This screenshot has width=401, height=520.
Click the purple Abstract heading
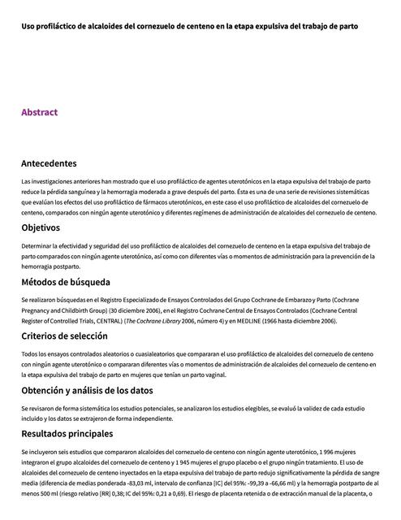tap(39, 112)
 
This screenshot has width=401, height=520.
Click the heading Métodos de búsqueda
tap(66, 283)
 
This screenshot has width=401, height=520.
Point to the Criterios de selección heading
tap(64, 336)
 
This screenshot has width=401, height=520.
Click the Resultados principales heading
tap(67, 434)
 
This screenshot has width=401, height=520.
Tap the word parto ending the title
tap(347, 26)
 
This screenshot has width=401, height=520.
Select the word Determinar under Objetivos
tap(38, 245)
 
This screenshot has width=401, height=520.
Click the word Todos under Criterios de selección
tap(30, 353)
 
